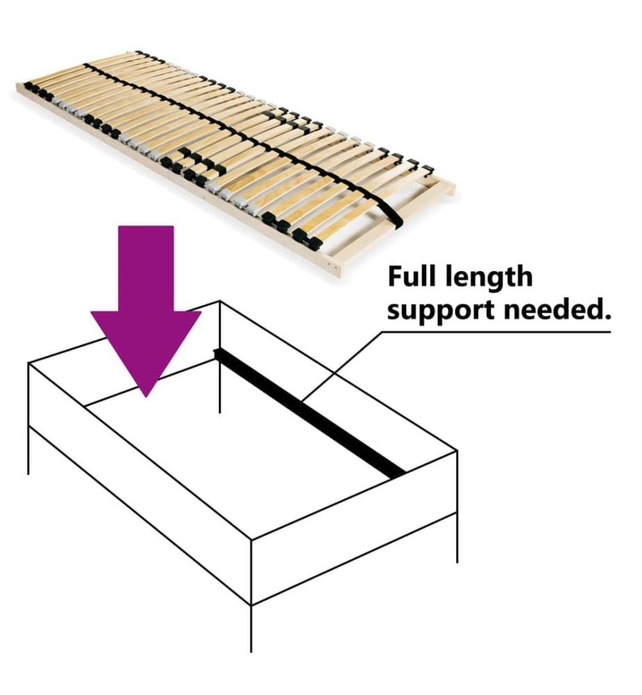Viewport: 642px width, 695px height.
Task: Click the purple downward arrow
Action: click(x=146, y=310)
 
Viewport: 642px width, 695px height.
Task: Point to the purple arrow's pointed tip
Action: click(x=146, y=397)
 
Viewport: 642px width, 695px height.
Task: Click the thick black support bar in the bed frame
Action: click(x=309, y=414)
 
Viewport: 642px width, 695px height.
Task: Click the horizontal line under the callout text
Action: click(x=496, y=332)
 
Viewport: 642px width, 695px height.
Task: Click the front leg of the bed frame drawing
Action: click(x=252, y=628)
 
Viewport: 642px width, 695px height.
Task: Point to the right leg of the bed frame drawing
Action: click(x=456, y=538)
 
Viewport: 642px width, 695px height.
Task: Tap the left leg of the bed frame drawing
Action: click(x=28, y=450)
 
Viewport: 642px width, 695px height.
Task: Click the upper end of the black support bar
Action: click(x=217, y=352)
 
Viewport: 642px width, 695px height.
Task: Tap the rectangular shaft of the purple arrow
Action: click(x=146, y=268)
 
